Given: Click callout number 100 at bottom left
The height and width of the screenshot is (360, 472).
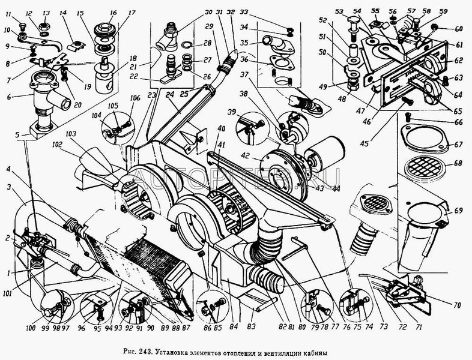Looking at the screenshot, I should tap(46, 329).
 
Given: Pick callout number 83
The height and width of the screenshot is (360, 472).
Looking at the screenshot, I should tap(252, 325).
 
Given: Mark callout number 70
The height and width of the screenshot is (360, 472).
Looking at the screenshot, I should tap(457, 305).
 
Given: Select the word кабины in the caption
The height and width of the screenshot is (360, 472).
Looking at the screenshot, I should tap(318, 352).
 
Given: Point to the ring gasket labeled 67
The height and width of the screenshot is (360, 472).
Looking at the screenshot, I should tap(425, 141).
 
